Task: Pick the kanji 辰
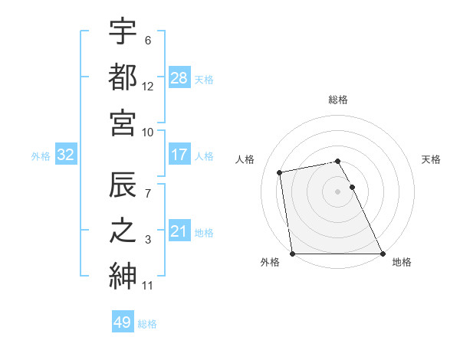pos(123,184)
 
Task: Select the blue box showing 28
pos(179,77)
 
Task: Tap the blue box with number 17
pos(179,155)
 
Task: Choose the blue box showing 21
pos(179,231)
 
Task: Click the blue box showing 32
pos(65,155)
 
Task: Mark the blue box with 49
pos(123,322)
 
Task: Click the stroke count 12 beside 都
pos(148,87)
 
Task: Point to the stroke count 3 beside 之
pos(148,241)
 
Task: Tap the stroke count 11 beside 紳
pos(148,286)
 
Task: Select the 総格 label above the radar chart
pos(338,100)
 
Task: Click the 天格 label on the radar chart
pos(432,159)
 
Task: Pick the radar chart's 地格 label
pos(402,262)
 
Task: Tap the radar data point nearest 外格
pos(293,254)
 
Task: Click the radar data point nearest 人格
pos(281,172)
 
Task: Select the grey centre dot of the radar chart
pos(338,191)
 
